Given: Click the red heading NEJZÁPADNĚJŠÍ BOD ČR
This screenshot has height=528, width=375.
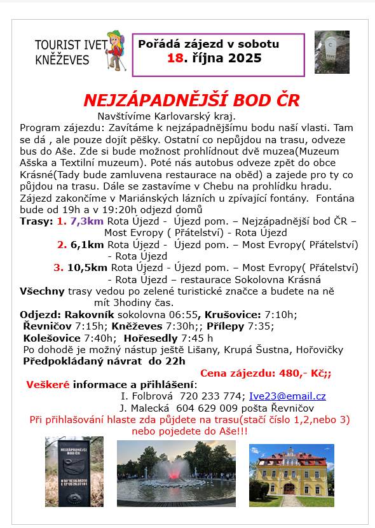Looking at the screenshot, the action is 191,101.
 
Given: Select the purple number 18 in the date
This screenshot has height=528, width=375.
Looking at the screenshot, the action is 175,58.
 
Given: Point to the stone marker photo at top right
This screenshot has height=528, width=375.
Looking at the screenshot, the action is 331,52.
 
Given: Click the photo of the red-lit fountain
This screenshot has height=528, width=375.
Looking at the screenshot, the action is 175,473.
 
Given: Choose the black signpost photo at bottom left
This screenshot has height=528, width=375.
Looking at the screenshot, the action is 74,471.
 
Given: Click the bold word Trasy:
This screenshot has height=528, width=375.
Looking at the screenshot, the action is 36,221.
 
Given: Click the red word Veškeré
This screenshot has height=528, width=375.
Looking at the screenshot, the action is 48,384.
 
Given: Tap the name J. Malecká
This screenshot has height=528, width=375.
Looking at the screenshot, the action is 144,408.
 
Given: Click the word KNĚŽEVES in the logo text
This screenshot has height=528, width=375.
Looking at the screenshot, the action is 62,60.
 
